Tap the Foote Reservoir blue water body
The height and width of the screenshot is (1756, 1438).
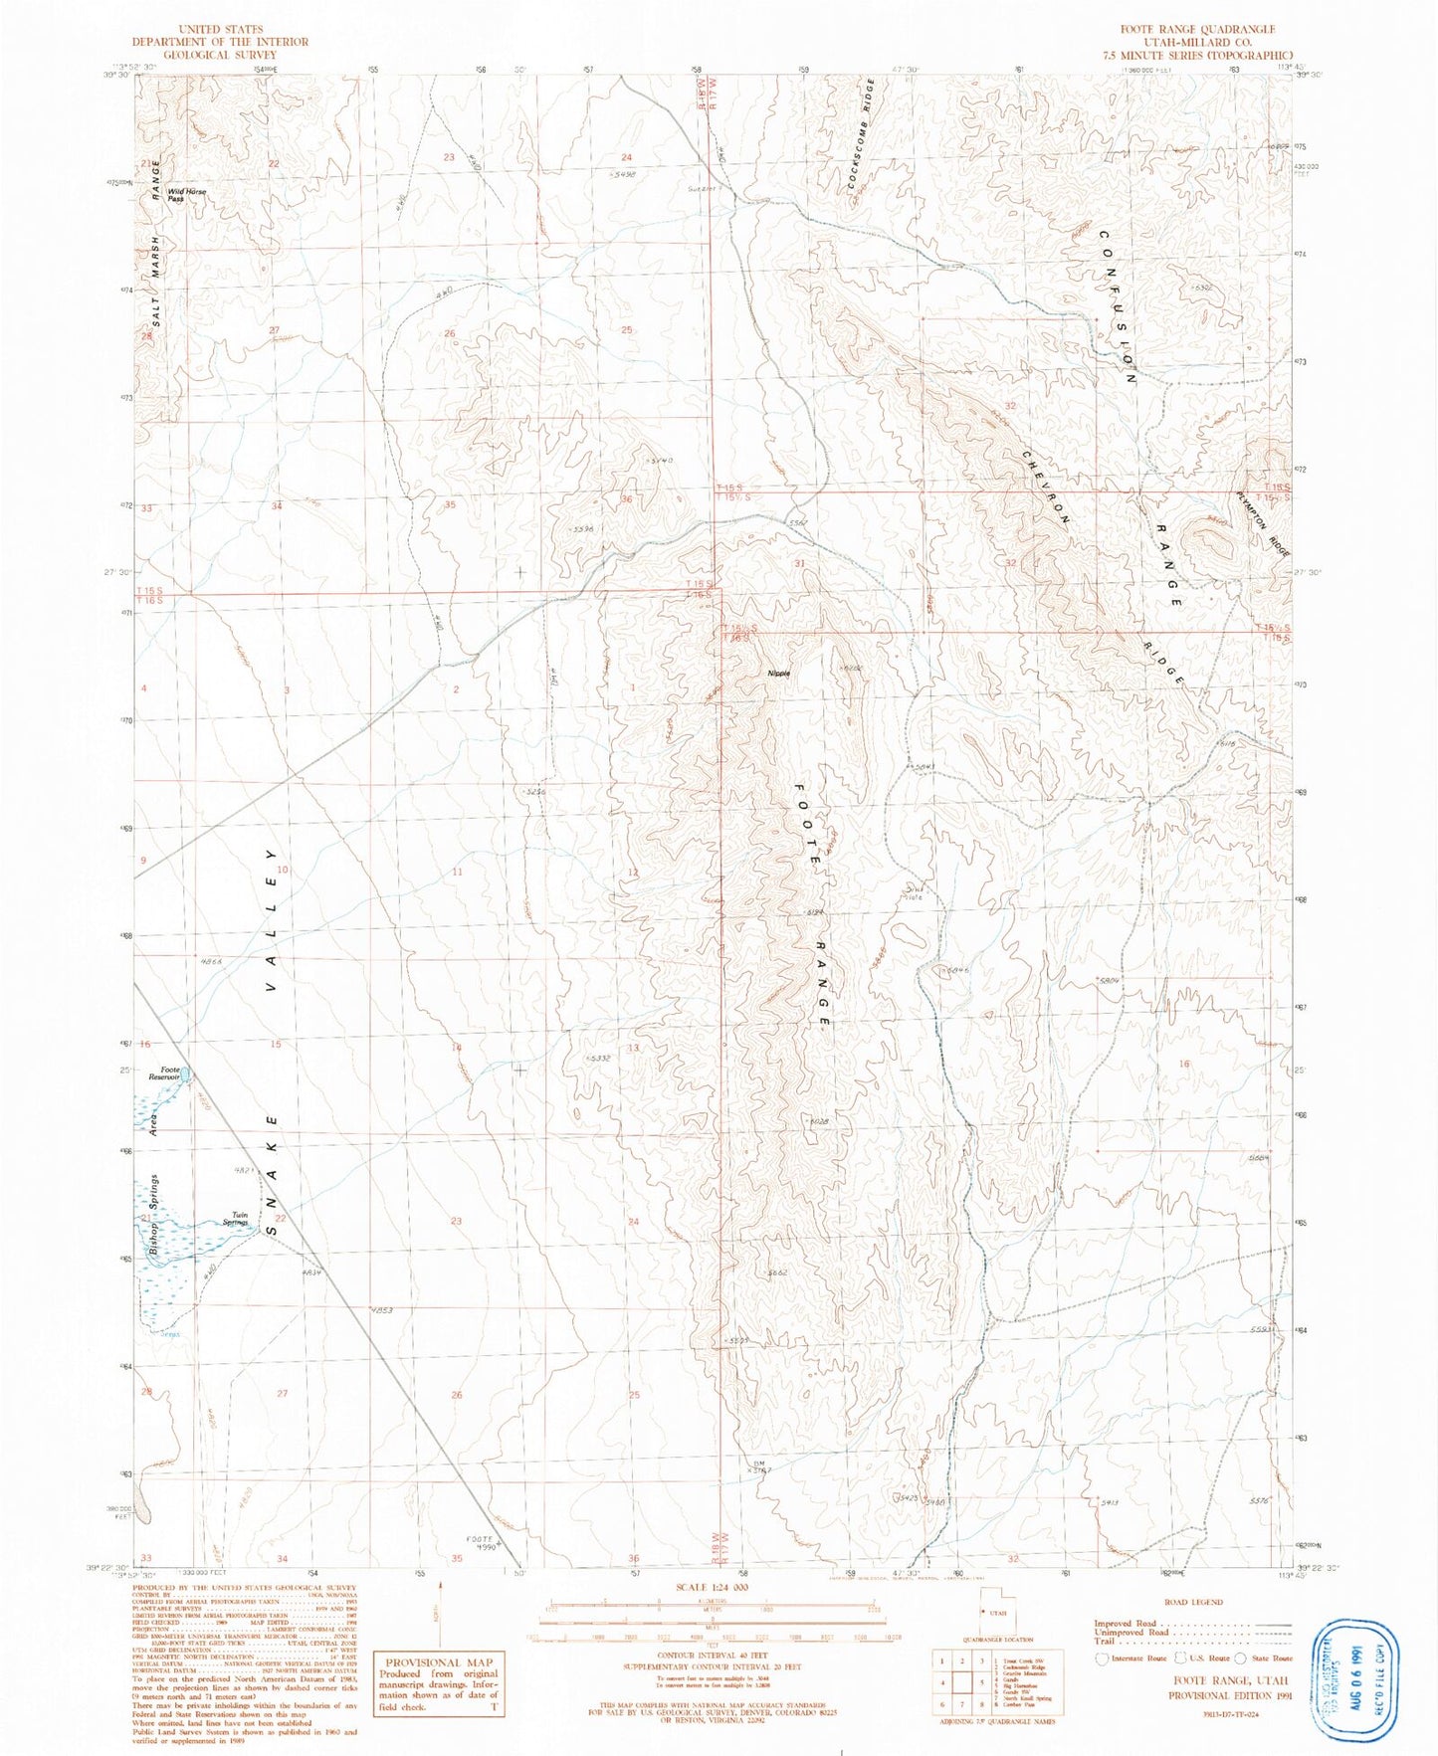(186, 1074)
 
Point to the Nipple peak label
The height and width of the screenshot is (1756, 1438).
(779, 674)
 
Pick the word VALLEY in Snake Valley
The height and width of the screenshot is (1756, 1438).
(271, 920)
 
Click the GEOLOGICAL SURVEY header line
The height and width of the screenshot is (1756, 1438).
(221, 55)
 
